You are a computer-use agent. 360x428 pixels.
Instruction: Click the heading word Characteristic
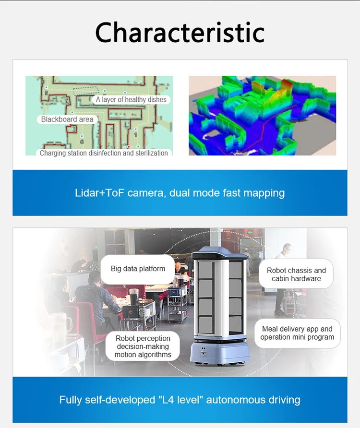(x=180, y=33)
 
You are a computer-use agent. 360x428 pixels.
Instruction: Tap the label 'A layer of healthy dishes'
(x=131, y=100)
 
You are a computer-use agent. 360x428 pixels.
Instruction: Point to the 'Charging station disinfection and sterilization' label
(x=104, y=153)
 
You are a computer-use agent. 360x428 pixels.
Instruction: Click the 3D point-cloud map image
(x=262, y=116)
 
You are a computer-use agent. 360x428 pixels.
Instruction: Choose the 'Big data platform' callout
(x=138, y=269)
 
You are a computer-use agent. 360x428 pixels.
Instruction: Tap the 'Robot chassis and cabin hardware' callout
(x=296, y=274)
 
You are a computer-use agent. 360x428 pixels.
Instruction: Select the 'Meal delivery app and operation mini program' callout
(x=297, y=333)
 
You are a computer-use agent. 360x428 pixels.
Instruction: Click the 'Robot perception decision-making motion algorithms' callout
(x=143, y=346)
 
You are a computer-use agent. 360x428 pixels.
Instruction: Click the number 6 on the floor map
(x=82, y=142)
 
